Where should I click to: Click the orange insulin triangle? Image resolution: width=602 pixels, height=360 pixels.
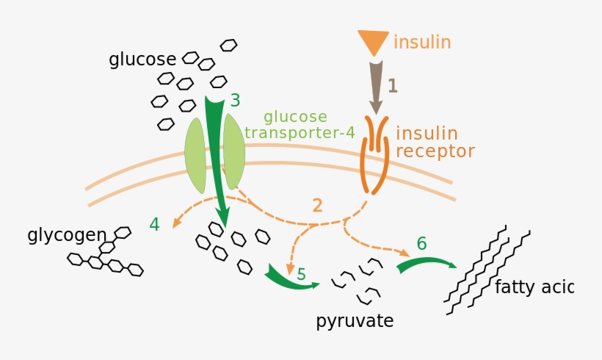373,41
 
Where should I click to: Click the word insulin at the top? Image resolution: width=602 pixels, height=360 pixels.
421,42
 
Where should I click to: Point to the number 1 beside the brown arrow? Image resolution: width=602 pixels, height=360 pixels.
392,86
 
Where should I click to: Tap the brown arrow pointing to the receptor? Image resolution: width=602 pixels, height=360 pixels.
376,87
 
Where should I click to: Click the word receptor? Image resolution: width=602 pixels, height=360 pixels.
435,151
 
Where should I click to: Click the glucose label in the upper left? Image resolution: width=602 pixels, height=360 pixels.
142,60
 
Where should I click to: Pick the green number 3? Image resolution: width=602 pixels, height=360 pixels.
235,100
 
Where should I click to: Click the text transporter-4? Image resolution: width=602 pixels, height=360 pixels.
300,133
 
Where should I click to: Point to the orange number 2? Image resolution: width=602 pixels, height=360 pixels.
317,205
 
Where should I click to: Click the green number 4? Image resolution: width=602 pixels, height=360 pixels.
154,224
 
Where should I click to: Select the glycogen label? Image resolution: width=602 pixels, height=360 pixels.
67,235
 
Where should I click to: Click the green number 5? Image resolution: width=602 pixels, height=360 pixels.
301,274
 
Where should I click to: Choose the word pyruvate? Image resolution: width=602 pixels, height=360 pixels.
355,321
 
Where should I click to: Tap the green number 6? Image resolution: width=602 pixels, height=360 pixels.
421,242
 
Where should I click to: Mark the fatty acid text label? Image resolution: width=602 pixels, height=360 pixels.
533,287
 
